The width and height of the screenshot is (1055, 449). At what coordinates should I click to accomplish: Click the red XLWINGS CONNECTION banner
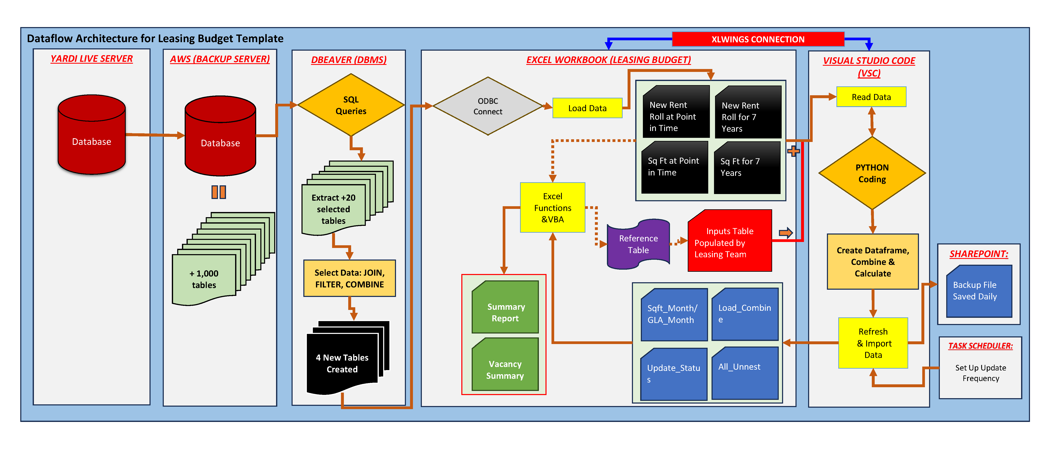[758, 39]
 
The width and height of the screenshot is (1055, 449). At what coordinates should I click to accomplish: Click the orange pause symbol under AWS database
[219, 192]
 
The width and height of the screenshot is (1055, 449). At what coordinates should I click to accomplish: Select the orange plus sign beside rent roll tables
[793, 151]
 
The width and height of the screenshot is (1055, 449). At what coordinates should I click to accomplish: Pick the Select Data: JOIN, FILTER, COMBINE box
[349, 278]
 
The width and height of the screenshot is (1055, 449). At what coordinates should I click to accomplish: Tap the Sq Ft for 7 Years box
[747, 167]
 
